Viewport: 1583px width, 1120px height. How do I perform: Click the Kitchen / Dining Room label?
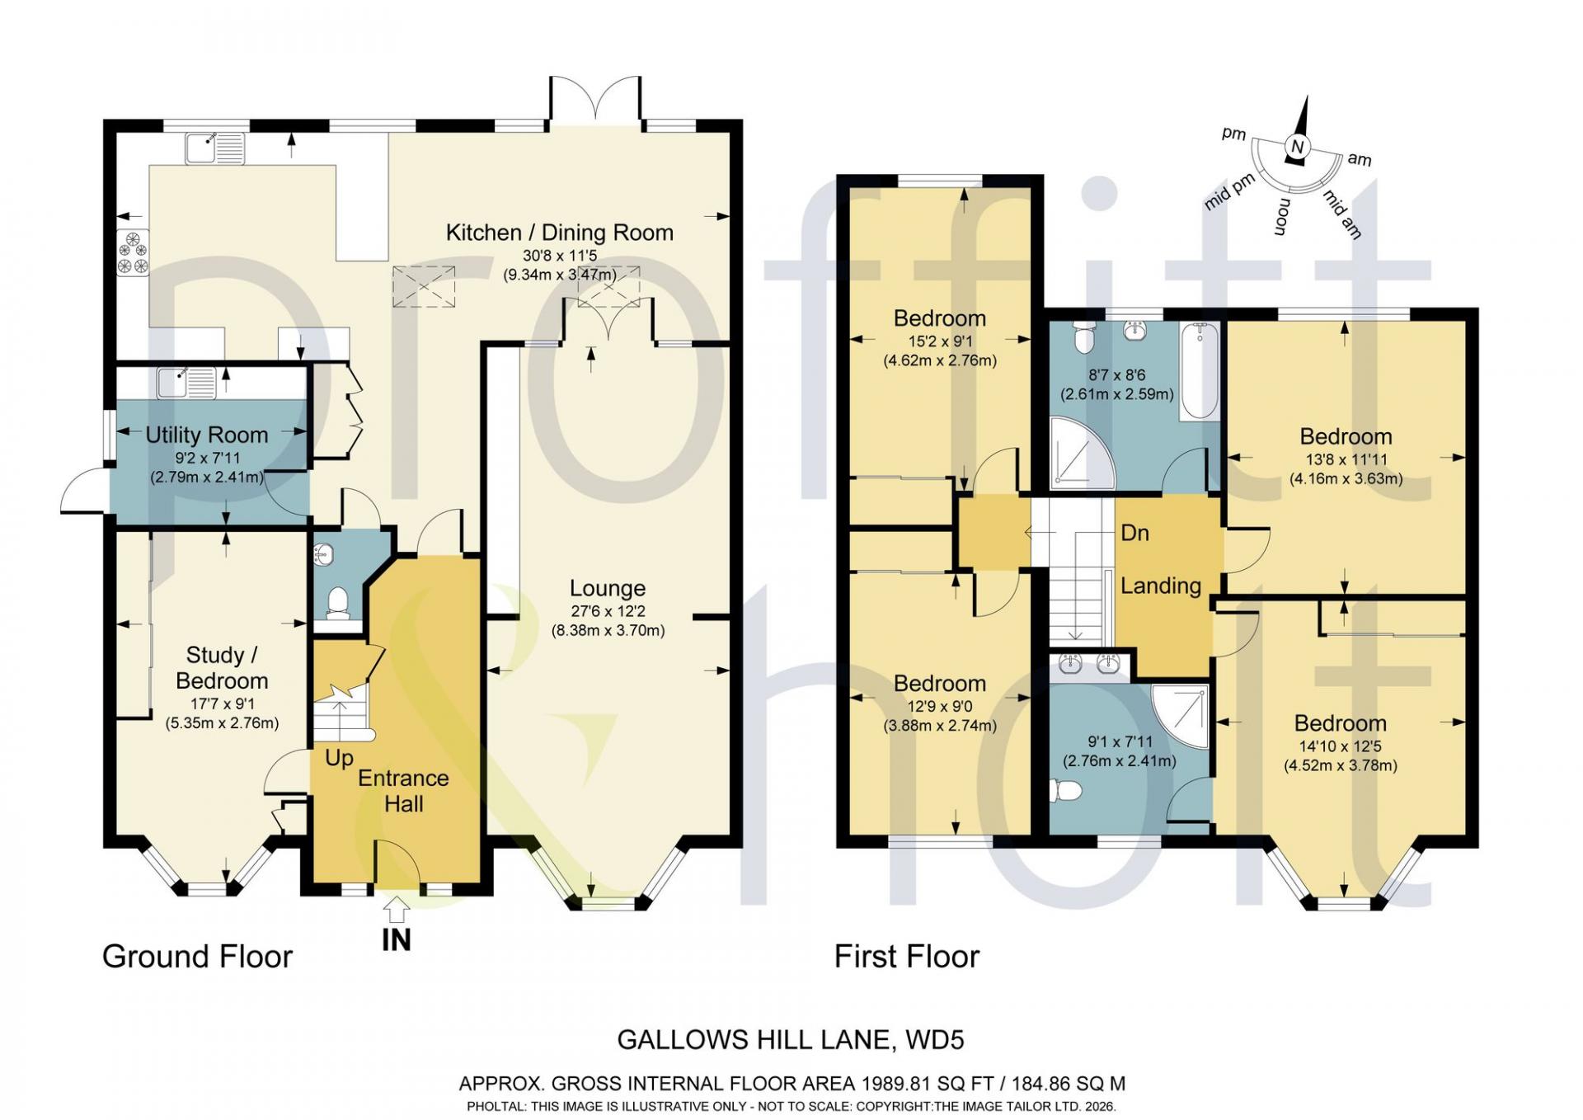pos(560,233)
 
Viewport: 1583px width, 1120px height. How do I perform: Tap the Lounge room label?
pos(608,588)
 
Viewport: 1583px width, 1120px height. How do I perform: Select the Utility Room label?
pos(207,435)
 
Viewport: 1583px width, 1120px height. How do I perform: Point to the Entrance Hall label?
pos(403,791)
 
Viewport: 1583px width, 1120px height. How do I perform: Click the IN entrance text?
pos(397,939)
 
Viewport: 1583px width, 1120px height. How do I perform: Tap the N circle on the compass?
pos(1297,147)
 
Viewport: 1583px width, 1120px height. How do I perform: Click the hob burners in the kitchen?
pos(133,253)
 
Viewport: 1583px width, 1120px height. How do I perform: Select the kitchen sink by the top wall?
pos(215,148)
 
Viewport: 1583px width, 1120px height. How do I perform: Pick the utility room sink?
pos(187,382)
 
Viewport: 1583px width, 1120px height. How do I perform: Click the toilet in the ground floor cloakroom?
pos(336,603)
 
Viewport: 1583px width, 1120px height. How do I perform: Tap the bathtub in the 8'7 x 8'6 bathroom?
pos(1199,372)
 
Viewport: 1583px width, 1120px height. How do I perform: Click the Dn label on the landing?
pos(1134,533)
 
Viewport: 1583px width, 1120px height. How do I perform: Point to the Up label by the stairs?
pos(339,758)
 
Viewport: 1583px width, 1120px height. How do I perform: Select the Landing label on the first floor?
pos(1160,586)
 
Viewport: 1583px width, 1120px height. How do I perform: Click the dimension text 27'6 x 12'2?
pos(608,611)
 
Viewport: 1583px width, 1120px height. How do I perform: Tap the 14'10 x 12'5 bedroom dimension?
pos(1341,746)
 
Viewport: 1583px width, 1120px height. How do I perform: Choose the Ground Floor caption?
pos(197,957)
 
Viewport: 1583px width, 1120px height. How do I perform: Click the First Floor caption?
pos(907,957)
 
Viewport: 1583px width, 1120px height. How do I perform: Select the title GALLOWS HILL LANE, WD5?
pos(791,1040)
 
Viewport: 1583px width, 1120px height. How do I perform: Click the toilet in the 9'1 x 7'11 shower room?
pos(1066,791)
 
